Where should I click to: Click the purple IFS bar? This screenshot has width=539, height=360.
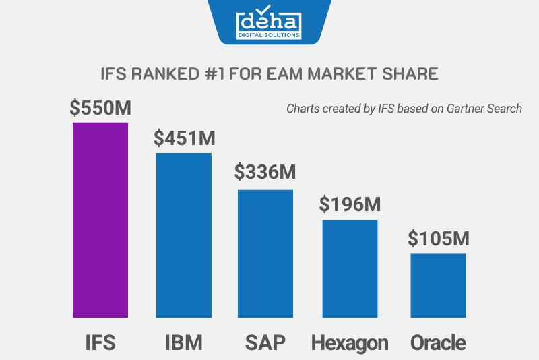[100, 220]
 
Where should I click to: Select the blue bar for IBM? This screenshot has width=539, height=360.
[184, 235]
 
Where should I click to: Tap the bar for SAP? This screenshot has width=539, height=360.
[265, 253]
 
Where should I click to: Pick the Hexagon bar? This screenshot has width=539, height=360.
[350, 268]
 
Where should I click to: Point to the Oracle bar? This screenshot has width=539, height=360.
[438, 285]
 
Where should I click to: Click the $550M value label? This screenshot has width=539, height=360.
[100, 108]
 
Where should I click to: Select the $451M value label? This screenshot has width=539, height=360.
[184, 139]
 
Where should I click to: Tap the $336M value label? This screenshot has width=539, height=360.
[265, 172]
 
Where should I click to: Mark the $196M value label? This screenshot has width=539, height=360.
[350, 204]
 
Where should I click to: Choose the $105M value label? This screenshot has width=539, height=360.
[438, 238]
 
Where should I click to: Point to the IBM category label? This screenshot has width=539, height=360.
[184, 342]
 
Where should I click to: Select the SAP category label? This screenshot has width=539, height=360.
[265, 342]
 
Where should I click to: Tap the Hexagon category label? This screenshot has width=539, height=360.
[350, 343]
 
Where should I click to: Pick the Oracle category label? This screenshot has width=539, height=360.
[438, 342]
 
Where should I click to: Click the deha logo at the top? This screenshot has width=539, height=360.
[269, 20]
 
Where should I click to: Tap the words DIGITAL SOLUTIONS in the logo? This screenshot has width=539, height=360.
[269, 34]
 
